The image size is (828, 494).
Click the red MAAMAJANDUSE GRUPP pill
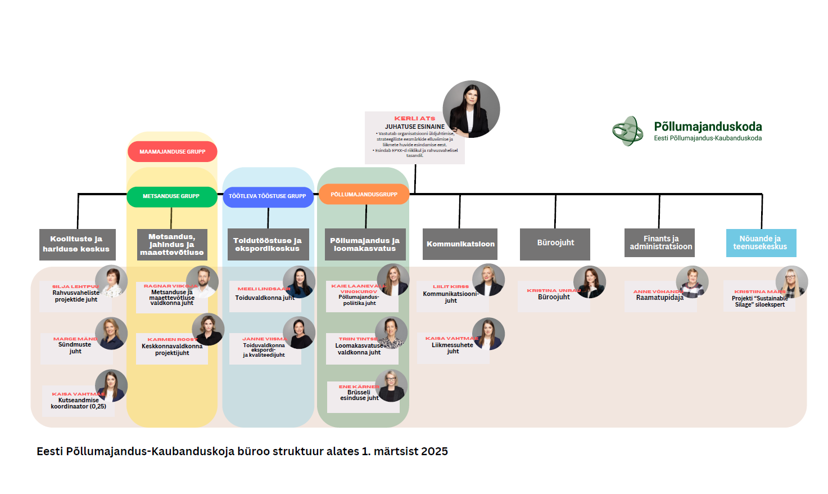point(172,152)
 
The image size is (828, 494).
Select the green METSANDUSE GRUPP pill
point(171,196)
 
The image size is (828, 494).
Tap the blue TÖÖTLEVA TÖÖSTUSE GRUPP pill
point(268,196)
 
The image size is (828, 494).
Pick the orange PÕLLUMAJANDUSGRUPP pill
point(364,195)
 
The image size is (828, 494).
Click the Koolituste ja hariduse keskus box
point(77,244)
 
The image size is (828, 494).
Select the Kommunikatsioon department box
point(460,244)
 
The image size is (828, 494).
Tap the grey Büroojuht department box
point(555,243)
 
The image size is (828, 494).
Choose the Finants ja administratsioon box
point(660,242)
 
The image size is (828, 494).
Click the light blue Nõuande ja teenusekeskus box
point(761,243)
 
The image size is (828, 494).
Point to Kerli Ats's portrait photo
point(471,109)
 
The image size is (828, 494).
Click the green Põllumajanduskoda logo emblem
point(627,131)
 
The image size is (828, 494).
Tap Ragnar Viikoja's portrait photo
point(202,282)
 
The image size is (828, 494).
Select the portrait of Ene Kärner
point(391,385)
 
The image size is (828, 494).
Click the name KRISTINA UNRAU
point(553,290)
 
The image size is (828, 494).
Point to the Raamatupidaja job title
point(659,298)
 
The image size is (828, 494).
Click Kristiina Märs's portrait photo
point(791,282)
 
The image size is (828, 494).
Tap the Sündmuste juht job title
point(75,348)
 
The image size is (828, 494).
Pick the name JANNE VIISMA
point(264,339)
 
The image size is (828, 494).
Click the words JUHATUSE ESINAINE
point(414,127)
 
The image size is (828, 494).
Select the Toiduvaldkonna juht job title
point(264,298)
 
